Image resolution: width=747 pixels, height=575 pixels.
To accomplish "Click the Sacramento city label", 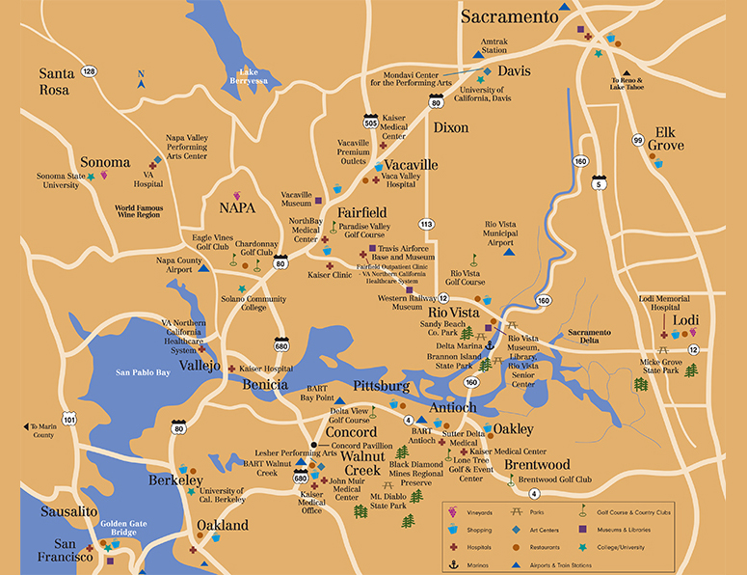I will tap(509, 16).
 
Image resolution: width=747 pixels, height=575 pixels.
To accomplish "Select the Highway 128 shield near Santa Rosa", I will tap(89, 70).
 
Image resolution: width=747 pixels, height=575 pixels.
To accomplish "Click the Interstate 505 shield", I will tap(370, 122).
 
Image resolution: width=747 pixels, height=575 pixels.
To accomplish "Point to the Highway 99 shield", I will tap(637, 140).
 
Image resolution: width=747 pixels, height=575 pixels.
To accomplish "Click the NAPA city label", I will tap(238, 207).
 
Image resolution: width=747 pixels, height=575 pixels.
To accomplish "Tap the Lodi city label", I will tap(686, 320).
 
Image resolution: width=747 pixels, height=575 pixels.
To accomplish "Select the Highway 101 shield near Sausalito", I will tap(68, 420).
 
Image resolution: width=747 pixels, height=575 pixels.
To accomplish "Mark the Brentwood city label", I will tap(536, 464).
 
